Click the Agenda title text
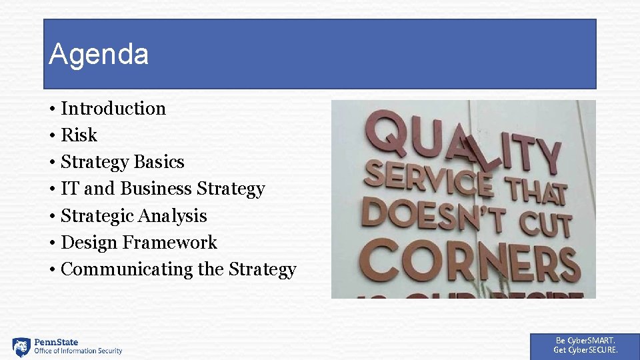pyautogui.click(x=99, y=55)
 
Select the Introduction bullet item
pyautogui.click(x=113, y=108)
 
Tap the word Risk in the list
pyautogui.click(x=79, y=135)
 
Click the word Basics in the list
pyautogui.click(x=159, y=162)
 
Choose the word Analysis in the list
pyautogui.click(x=173, y=216)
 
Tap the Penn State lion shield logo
pyautogui.click(x=21, y=347)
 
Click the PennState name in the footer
pyautogui.click(x=56, y=342)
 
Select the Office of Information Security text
pyautogui.click(x=78, y=351)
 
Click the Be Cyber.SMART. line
pyautogui.click(x=585, y=341)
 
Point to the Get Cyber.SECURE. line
pyautogui.click(x=585, y=350)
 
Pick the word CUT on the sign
pyautogui.click(x=545, y=223)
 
